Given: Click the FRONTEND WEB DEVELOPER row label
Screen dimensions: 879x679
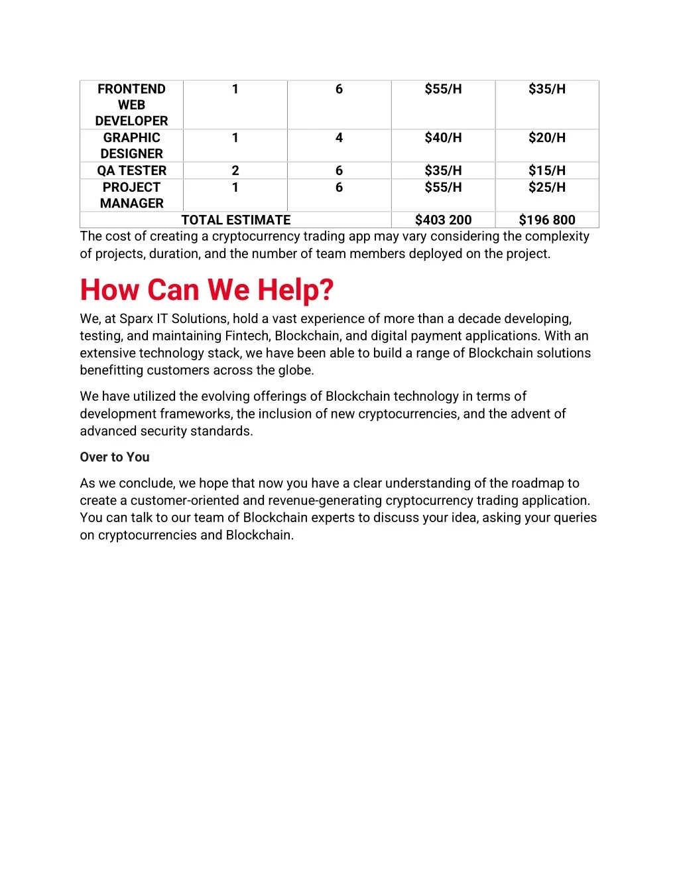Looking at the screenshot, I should click(131, 105).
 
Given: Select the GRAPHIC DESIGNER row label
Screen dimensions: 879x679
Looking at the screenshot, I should click(131, 145).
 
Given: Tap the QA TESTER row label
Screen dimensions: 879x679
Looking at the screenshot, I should click(131, 170).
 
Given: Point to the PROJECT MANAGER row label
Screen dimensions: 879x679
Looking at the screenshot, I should click(131, 195).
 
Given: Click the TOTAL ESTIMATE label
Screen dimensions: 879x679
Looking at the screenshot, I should click(235, 220).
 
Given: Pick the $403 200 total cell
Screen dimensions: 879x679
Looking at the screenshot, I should click(443, 220).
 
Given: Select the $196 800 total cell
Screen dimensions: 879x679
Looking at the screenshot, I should click(546, 220).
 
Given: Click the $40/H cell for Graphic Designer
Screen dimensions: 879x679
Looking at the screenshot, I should click(443, 138).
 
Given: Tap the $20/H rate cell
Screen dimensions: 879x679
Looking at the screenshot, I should click(546, 138).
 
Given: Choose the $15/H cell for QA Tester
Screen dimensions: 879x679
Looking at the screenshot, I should click(546, 170).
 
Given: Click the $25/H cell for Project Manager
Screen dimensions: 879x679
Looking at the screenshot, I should click(546, 188).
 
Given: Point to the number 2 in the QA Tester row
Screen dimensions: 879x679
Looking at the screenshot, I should click(235, 170).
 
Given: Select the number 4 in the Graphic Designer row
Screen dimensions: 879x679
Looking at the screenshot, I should click(339, 138).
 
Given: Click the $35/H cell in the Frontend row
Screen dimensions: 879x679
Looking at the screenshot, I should click(546, 89).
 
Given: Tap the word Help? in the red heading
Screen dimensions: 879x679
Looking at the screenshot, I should click(295, 291).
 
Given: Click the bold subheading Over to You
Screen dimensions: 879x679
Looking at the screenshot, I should click(115, 457).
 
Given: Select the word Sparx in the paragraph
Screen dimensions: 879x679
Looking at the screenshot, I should click(136, 319).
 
